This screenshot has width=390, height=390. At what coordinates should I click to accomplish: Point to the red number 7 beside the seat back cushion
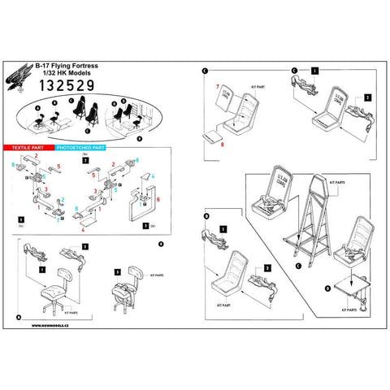(x=217, y=85)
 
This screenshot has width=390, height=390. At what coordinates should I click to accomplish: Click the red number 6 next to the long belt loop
(x=158, y=198)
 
